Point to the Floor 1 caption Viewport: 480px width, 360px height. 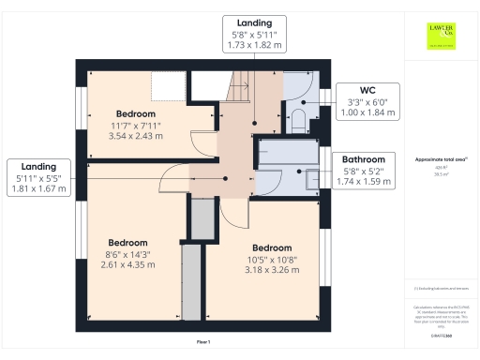pos(203,342)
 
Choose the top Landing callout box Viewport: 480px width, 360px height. pos(255,33)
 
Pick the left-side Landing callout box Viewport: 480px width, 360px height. pos(38,175)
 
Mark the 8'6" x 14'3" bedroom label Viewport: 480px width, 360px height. pos(127,252)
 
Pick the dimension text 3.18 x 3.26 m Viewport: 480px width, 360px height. pos(273,271)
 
